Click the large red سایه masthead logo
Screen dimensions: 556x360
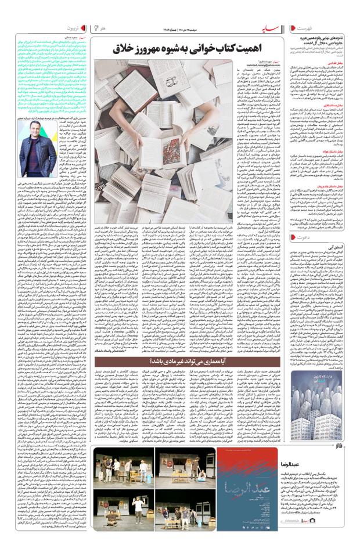tap(272, 28)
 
